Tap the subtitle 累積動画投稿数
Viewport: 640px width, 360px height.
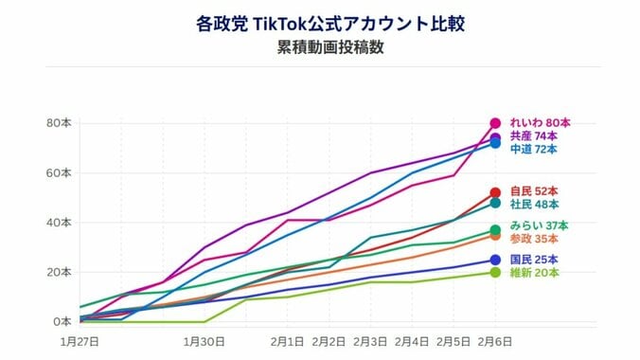click(319, 48)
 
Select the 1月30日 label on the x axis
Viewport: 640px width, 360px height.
click(204, 340)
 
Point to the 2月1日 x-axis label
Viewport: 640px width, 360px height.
click(287, 340)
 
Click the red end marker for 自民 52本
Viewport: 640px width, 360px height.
click(495, 192)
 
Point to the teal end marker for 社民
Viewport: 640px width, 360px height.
click(495, 203)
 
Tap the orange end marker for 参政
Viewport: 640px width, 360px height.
click(495, 236)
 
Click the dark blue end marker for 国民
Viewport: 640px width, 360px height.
click(495, 261)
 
